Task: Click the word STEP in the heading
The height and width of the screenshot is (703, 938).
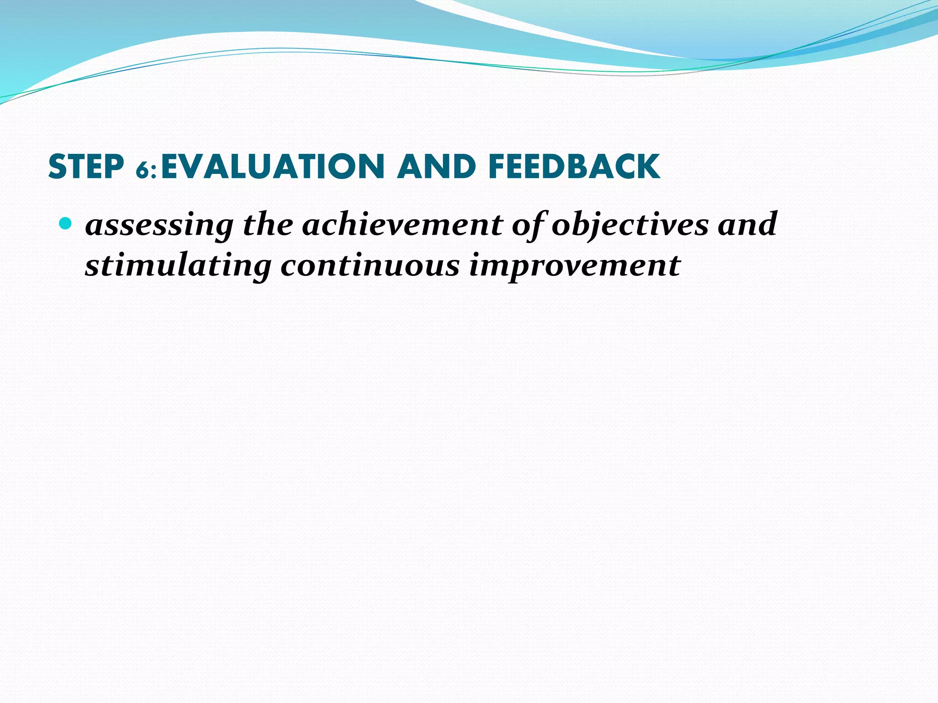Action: pyautogui.click(x=86, y=167)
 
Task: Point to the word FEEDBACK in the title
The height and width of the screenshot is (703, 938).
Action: pyautogui.click(x=574, y=167)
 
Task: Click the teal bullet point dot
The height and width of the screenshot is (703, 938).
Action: pyautogui.click(x=66, y=224)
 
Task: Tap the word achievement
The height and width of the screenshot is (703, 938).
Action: pyautogui.click(x=402, y=224)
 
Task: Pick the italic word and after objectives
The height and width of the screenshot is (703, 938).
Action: pyautogui.click(x=747, y=224)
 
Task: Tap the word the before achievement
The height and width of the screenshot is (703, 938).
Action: pyautogui.click(x=268, y=224)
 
